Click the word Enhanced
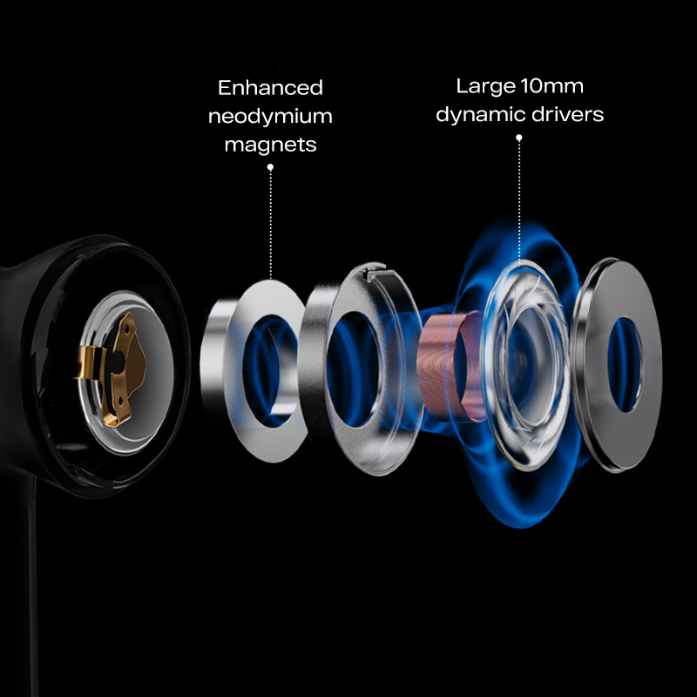pyautogui.click(x=270, y=88)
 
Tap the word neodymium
pyautogui.click(x=270, y=117)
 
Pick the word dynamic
pyautogui.click(x=478, y=114)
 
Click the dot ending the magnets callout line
pyautogui.click(x=270, y=166)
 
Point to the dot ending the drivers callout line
pyautogui.click(x=519, y=137)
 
